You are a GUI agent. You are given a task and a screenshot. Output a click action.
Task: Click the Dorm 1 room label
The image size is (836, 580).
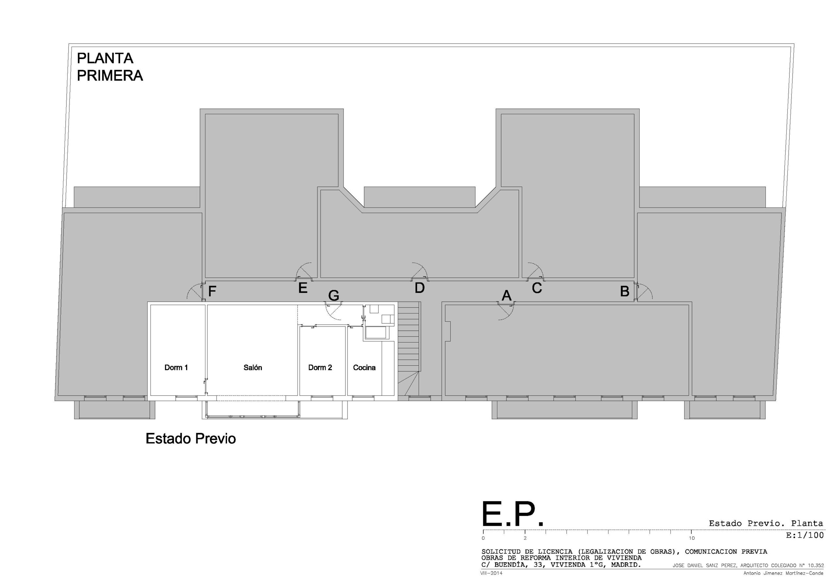176,367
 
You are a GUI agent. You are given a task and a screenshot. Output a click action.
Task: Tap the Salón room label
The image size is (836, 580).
253,367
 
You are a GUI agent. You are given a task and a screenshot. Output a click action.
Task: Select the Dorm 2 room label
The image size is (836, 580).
320,367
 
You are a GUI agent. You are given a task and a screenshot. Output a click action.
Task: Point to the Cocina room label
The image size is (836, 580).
364,367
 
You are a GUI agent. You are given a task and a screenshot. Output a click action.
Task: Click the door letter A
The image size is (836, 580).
506,296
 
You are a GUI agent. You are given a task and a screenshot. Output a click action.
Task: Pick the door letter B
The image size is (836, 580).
625,291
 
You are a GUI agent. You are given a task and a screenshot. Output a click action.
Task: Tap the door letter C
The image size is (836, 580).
537,288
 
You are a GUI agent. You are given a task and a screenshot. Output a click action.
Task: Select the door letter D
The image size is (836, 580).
419,288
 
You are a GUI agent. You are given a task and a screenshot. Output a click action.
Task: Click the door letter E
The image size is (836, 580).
303,288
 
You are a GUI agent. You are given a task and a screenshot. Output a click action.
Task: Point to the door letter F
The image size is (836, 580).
212,291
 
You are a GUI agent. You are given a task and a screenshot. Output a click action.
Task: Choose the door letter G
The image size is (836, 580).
334,296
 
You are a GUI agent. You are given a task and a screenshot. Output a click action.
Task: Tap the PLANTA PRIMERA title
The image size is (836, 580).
109,67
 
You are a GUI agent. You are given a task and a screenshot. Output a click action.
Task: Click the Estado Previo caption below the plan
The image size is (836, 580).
191,439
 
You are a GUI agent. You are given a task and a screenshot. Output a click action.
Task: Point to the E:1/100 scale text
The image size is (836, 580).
805,535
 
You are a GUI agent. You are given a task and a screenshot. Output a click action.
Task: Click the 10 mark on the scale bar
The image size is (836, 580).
691,538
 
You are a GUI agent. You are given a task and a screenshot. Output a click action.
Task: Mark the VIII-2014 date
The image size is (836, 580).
491,573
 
